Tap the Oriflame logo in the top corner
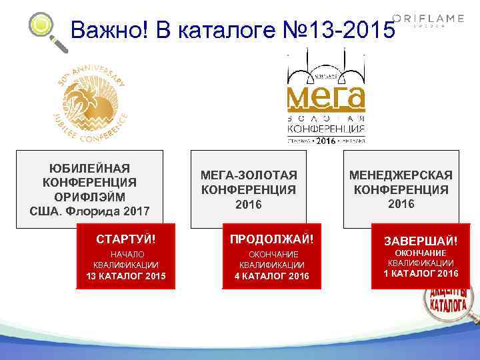tap(429, 19)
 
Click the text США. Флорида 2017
tap(90, 212)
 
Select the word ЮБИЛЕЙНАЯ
tap(90, 168)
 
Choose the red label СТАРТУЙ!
tap(126, 238)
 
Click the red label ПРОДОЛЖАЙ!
tap(271, 238)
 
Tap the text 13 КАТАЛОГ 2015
tap(126, 276)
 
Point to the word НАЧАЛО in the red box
tap(126, 254)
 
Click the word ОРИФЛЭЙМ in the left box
tap(90, 197)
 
